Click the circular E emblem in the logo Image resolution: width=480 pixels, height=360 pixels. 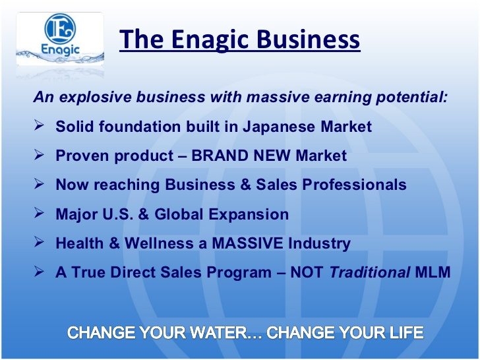60,28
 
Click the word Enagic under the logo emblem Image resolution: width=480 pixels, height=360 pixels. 60,49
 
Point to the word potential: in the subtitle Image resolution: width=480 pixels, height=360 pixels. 411,97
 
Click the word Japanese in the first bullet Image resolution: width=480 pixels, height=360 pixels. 278,127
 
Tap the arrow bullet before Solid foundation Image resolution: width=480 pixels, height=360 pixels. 39,125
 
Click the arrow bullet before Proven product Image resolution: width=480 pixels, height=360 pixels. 39,154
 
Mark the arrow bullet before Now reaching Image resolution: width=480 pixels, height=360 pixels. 39,184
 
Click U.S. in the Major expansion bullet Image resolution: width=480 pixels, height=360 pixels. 118,214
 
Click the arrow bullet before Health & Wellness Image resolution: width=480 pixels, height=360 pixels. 39,242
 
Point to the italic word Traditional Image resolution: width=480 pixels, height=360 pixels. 370,272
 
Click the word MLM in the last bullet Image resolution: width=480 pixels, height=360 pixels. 433,272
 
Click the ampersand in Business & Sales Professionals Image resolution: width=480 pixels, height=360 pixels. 245,185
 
